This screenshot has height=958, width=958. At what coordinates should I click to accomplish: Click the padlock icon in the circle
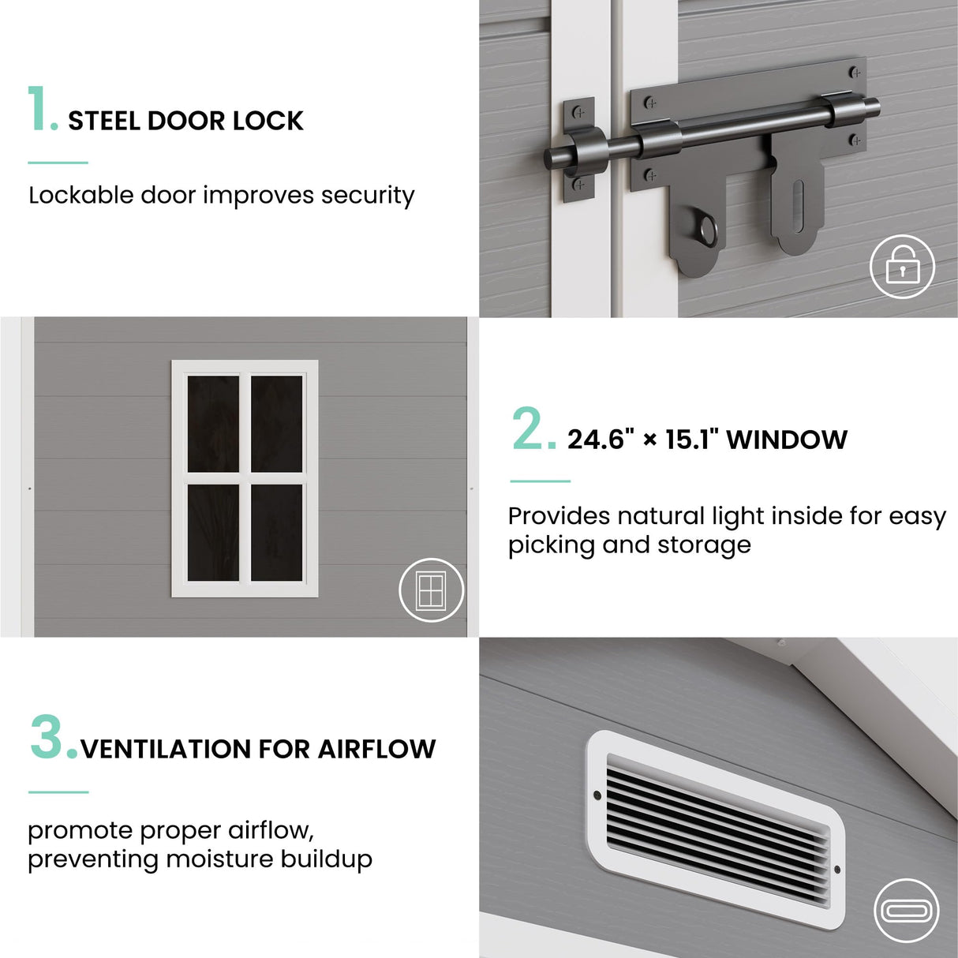tap(902, 268)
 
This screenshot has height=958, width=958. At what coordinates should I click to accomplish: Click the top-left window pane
tap(213, 424)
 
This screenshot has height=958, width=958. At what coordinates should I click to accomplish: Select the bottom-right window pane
tap(276, 533)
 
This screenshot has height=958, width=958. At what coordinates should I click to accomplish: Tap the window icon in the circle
tap(431, 589)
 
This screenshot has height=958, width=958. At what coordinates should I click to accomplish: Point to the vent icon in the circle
tap(906, 910)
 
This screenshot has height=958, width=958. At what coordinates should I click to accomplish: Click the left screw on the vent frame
tap(597, 796)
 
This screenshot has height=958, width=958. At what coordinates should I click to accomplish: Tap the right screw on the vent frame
tap(836, 870)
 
